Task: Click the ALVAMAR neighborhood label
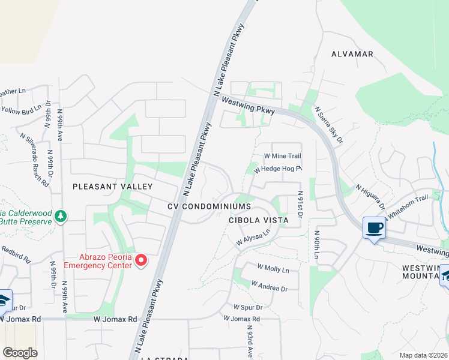(352, 54)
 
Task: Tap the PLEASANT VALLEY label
(113, 187)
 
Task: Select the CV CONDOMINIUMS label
(208, 206)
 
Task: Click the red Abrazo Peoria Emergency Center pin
(141, 260)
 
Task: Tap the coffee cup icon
(375, 228)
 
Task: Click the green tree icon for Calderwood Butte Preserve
(60, 215)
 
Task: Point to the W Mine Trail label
(282, 157)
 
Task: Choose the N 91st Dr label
(299, 205)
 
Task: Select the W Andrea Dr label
(270, 286)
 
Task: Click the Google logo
(20, 353)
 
